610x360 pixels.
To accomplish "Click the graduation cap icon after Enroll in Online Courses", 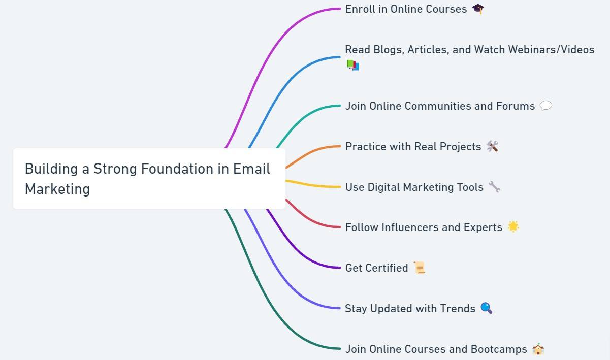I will point(478,9).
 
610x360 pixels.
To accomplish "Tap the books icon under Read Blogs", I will point(352,65).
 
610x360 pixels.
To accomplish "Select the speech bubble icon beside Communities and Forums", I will point(545,106).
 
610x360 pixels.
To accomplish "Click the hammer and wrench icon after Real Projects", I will point(492,146).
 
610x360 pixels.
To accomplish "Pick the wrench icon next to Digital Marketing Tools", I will point(494,187).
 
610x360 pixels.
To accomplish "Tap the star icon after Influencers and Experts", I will point(513,227).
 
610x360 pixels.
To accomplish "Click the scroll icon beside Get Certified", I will point(419,268).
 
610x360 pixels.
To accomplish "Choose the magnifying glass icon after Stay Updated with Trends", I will point(486,308).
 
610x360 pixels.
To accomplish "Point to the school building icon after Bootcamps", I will point(538,349).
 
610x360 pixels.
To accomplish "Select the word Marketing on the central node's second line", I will point(57,189).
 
